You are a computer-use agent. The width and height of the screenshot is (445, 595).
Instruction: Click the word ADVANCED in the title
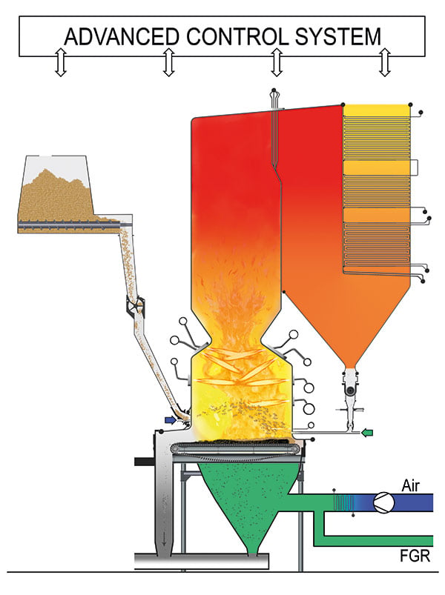tap(122, 37)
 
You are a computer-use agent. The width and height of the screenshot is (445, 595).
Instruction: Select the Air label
tap(410, 486)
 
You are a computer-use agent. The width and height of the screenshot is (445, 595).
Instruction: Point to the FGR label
tap(415, 556)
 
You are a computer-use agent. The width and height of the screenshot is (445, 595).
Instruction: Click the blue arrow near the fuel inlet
tap(171, 419)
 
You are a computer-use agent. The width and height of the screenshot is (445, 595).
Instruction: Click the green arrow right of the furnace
tap(367, 432)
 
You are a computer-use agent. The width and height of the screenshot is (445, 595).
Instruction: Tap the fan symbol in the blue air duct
tap(383, 503)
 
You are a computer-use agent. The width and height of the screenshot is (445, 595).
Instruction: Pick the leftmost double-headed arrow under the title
tap(61, 62)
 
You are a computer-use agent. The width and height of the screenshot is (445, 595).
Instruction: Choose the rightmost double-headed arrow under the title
tap(385, 62)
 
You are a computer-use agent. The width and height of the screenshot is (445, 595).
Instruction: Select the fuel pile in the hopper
tap(56, 194)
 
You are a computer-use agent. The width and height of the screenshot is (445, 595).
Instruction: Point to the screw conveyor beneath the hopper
tap(68, 225)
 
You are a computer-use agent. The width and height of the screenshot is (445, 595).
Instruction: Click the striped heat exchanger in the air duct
tap(343, 503)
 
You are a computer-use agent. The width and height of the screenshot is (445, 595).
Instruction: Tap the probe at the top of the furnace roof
tap(275, 99)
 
